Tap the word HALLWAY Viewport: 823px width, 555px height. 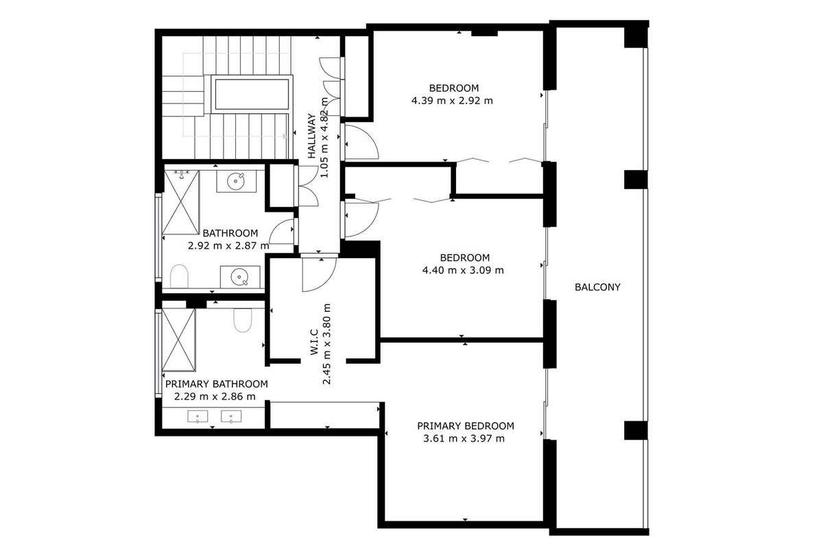click(312, 136)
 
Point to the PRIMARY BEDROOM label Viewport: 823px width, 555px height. click(465, 425)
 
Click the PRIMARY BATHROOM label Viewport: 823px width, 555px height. click(216, 384)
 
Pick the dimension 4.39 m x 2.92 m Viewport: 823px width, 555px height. click(453, 100)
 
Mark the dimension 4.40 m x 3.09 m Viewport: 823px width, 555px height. click(463, 270)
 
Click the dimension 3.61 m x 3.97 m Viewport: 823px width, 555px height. click(465, 439)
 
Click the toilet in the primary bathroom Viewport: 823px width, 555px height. click(243, 320)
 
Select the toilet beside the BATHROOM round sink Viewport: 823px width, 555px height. click(179, 277)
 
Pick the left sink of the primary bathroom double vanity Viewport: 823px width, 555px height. click(198, 416)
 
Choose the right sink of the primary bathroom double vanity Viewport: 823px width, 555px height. click(230, 416)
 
